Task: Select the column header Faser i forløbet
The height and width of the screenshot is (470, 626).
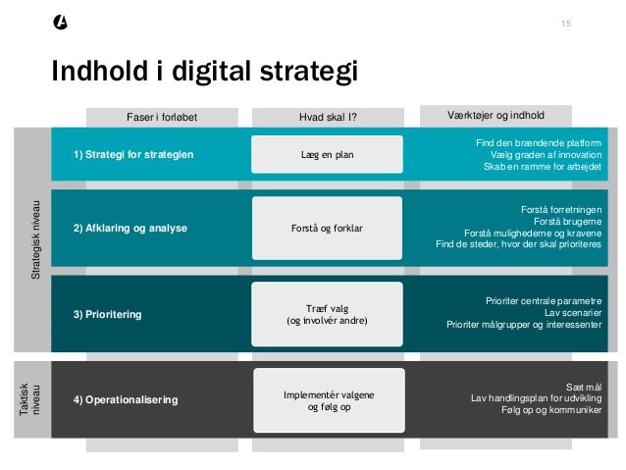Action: click(163, 117)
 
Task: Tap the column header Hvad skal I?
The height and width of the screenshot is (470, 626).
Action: click(328, 117)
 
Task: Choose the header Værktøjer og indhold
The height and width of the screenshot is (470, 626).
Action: click(496, 115)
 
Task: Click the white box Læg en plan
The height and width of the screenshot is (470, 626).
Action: click(328, 154)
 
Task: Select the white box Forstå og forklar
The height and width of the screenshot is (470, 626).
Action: click(328, 228)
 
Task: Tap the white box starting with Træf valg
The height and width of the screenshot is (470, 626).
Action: click(328, 314)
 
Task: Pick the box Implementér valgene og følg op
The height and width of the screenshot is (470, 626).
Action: click(329, 400)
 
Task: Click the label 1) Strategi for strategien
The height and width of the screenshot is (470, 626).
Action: click(133, 155)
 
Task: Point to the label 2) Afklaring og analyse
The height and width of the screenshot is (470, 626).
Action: click(130, 229)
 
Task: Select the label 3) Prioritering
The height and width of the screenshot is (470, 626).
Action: click(108, 314)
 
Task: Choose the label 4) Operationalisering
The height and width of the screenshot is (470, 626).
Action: click(126, 400)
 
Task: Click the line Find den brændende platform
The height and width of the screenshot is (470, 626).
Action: click(539, 143)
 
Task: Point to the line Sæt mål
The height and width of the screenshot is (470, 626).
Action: click(585, 388)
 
